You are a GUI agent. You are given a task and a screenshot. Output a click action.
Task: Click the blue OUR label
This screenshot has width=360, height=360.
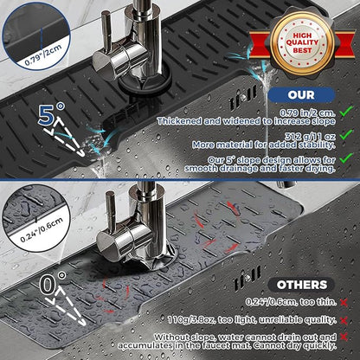[x=301, y=95]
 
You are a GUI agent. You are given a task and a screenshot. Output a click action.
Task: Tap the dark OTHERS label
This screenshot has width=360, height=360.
[x=302, y=285]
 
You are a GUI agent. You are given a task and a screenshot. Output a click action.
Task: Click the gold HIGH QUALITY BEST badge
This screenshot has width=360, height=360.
[x=302, y=43]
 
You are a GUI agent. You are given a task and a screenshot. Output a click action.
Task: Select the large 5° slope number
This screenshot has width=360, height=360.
[x=50, y=113]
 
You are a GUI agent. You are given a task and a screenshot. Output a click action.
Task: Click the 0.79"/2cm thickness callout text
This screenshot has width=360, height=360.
[x=43, y=55]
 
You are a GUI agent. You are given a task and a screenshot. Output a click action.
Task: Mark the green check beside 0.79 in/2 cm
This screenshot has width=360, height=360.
[x=346, y=112]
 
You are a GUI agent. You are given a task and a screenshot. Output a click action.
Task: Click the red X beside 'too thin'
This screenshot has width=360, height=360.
[x=344, y=302]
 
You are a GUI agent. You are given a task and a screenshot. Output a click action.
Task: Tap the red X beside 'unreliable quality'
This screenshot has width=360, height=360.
[x=344, y=320]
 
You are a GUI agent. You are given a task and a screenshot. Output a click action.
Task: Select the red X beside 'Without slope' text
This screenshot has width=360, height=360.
[x=344, y=337]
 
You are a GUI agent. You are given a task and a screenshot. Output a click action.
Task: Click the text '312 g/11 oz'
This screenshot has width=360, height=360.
[x=310, y=137]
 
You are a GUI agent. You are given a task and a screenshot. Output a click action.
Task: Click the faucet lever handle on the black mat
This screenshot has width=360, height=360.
[x=106, y=32]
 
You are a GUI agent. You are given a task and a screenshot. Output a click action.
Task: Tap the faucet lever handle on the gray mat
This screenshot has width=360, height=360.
[x=111, y=212]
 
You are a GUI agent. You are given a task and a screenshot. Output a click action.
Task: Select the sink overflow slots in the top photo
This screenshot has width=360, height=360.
[x=243, y=98]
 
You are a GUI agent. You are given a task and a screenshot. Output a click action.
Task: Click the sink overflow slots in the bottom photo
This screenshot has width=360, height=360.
[x=247, y=278]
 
